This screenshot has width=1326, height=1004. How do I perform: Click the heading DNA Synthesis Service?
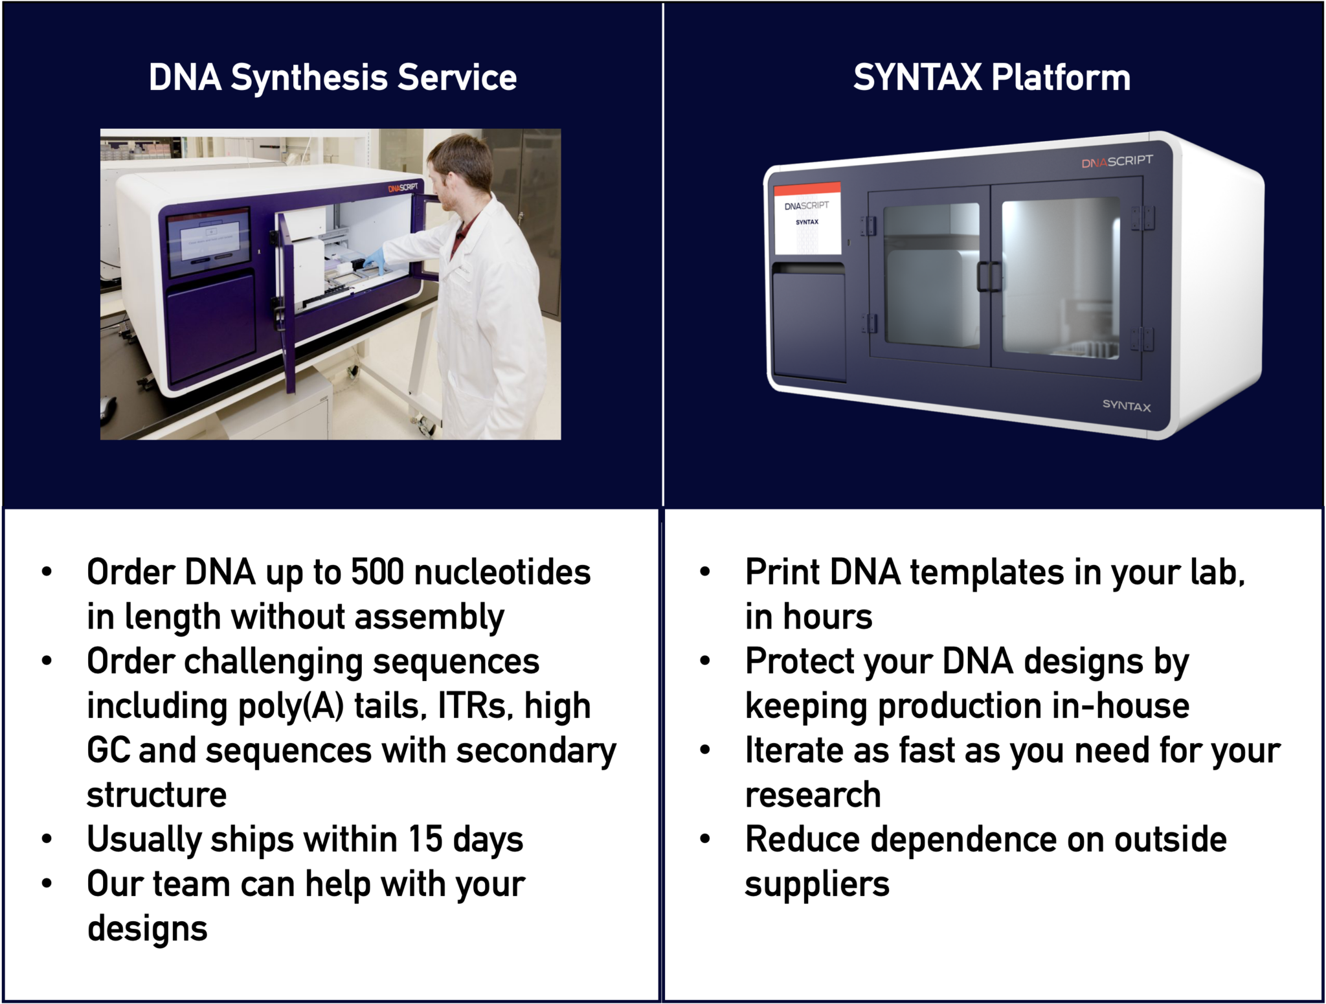click(332, 78)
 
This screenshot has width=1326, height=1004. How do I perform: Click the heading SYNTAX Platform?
click(991, 78)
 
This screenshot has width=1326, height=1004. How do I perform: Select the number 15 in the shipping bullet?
click(425, 840)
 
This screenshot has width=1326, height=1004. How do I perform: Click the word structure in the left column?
click(157, 795)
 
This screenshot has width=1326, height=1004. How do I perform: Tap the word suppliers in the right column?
click(817, 884)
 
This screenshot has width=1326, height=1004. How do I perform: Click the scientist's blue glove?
click(374, 260)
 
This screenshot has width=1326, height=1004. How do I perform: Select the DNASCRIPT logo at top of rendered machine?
click(1116, 161)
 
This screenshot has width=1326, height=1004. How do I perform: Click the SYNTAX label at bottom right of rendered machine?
click(1126, 405)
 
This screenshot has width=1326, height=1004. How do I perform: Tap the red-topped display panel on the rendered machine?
click(807, 218)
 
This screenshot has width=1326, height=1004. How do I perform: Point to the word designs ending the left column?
click(148, 929)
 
